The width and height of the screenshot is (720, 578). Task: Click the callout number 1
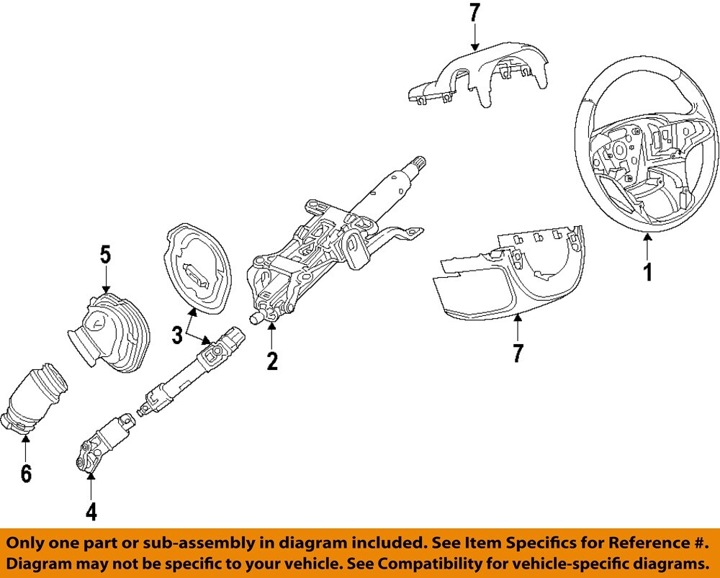pyautogui.click(x=647, y=273)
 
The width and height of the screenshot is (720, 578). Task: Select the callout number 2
pyautogui.click(x=271, y=361)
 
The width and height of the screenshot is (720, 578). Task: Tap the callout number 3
pyautogui.click(x=177, y=335)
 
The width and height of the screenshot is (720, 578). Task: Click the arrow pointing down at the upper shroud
pyautogui.click(x=475, y=36)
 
